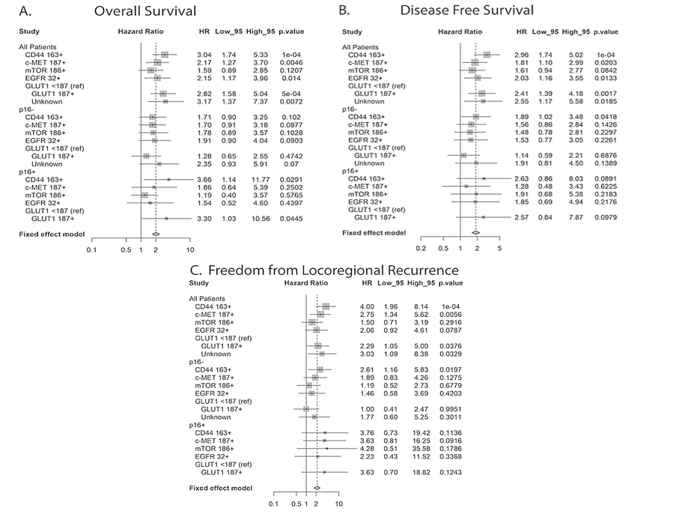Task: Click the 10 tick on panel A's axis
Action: pyautogui.click(x=190, y=249)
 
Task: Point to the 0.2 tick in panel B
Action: pyautogui.click(x=421, y=248)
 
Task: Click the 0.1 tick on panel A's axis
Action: pyautogui.click(x=92, y=249)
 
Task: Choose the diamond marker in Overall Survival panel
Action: pyautogui.click(x=155, y=234)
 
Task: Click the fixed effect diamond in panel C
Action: pyautogui.click(x=317, y=487)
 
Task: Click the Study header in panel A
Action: pyautogui.click(x=28, y=32)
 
